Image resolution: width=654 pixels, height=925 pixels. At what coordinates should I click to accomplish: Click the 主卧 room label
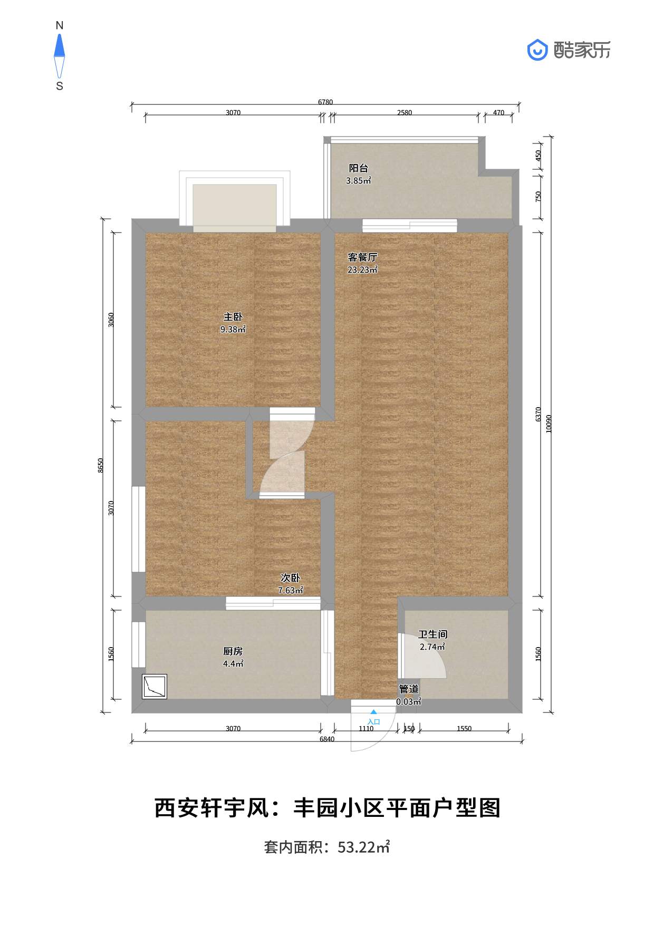(233, 317)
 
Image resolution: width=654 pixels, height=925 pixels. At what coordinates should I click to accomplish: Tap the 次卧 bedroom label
(290, 579)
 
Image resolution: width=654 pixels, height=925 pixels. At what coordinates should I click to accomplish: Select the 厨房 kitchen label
(233, 652)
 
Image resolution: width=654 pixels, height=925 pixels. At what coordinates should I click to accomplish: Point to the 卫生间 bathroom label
(432, 634)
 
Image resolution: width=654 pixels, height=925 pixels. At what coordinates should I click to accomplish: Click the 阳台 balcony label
(358, 168)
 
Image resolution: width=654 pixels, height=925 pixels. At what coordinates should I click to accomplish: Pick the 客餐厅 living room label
(362, 257)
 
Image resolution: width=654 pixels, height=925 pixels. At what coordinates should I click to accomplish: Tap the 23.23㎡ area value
(362, 270)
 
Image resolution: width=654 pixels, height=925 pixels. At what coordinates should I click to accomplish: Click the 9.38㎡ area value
(233, 330)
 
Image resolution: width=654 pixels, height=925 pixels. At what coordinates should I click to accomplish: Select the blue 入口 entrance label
(373, 721)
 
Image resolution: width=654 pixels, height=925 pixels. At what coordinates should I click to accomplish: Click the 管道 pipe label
(409, 689)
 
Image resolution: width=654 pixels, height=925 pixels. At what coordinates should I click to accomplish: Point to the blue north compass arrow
(60, 45)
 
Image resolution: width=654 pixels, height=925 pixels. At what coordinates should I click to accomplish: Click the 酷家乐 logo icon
(538, 50)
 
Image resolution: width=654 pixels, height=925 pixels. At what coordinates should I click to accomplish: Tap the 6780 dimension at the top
(325, 102)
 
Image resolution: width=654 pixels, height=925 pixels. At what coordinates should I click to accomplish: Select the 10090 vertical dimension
(549, 423)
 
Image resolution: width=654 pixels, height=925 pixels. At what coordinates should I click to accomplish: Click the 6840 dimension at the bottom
(327, 739)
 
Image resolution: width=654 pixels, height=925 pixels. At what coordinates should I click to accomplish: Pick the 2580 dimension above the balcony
(405, 112)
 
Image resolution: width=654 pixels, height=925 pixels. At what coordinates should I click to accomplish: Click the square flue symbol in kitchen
(155, 687)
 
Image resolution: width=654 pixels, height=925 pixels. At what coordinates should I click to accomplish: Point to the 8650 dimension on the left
(101, 465)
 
